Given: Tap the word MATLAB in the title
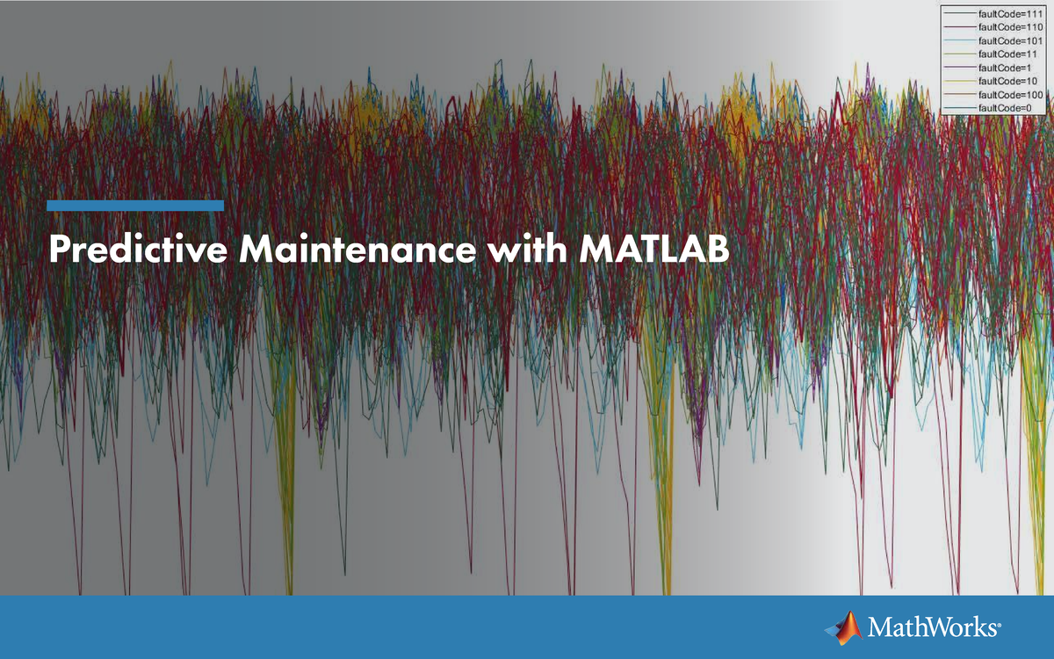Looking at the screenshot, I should click(654, 250).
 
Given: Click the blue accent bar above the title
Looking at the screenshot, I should click(135, 206).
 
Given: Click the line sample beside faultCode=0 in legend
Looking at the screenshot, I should click(959, 107).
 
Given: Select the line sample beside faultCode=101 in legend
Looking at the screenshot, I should click(959, 41).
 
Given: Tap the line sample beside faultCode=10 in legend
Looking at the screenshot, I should click(959, 81).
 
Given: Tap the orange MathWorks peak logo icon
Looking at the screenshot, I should click(844, 626).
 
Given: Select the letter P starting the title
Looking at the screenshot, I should click(59, 250).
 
